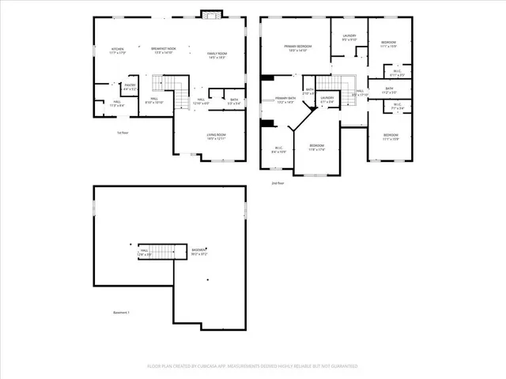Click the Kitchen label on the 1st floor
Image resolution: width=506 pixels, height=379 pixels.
[x=118, y=50]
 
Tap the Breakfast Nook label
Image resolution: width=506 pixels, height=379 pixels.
[x=164, y=50]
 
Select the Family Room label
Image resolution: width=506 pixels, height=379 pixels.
[x=217, y=54]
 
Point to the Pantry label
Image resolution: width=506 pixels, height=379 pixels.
[x=130, y=86]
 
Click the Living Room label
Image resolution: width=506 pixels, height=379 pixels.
[x=217, y=137]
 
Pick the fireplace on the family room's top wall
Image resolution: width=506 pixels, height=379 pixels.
[x=210, y=13]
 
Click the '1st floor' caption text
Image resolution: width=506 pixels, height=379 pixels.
[x=123, y=133]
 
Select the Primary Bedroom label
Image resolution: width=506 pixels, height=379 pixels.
[x=298, y=48]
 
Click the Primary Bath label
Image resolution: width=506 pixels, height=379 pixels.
[x=285, y=100]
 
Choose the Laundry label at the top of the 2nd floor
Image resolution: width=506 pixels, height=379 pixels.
[x=349, y=36]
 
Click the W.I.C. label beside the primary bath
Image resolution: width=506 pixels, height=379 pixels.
[x=279, y=148]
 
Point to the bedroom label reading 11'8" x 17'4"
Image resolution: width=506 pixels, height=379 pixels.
[x=316, y=147]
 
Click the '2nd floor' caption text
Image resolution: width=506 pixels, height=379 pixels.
[x=278, y=183]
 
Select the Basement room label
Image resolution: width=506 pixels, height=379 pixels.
[x=199, y=252]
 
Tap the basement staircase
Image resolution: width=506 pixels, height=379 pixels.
[x=162, y=251]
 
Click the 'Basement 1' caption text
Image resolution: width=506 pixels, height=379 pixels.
[x=120, y=313]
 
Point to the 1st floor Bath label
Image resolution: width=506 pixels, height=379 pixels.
[x=234, y=101]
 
